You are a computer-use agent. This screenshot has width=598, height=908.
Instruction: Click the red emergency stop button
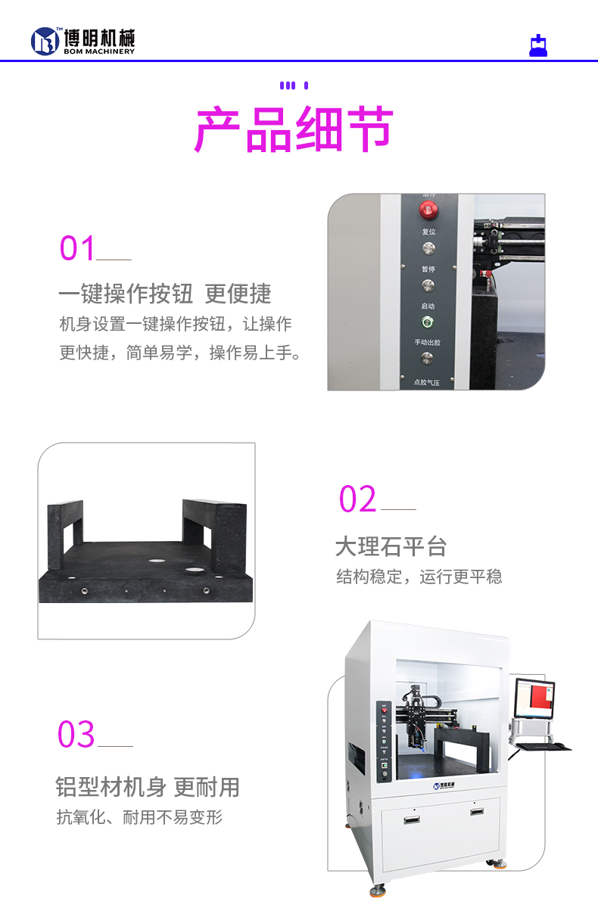pyautogui.click(x=428, y=209)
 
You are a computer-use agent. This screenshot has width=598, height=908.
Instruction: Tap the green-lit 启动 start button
pyautogui.click(x=428, y=322)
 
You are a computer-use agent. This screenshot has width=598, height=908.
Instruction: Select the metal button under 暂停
pyautogui.click(x=428, y=285)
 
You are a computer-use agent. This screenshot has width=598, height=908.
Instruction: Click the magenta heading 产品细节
pyautogui.click(x=294, y=130)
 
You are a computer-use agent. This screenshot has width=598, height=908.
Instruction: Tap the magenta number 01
pyautogui.click(x=78, y=248)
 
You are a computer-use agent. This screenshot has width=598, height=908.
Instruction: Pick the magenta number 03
pyautogui.click(x=76, y=735)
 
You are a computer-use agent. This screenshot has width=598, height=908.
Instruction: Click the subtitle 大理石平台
pyautogui.click(x=391, y=546)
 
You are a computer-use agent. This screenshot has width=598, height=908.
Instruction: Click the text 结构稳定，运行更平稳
pyautogui.click(x=419, y=577)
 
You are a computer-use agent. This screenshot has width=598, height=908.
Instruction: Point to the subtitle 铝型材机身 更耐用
pyautogui.click(x=148, y=787)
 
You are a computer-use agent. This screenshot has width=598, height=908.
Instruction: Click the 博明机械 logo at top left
pyautogui.click(x=83, y=41)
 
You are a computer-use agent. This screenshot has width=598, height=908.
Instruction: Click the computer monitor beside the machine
pyautogui.click(x=534, y=698)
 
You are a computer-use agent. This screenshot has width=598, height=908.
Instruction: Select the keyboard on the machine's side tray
pyautogui.click(x=543, y=746)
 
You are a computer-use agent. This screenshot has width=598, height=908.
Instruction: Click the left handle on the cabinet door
pyautogui.click(x=411, y=817)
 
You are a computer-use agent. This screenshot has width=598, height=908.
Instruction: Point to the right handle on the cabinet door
pyautogui.click(x=477, y=811)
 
